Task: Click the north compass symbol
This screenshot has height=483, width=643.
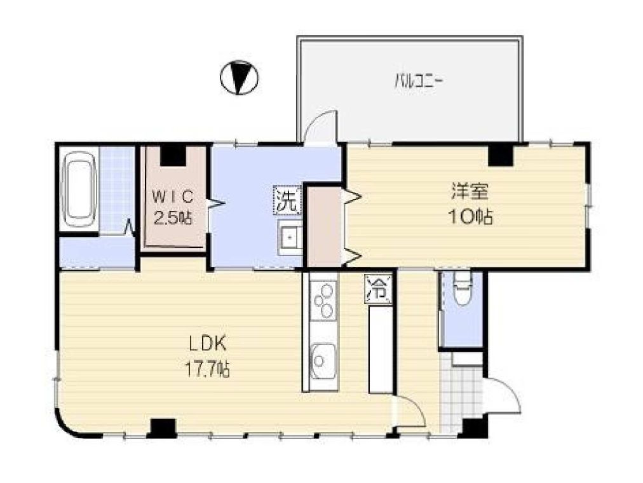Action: [x=240, y=78]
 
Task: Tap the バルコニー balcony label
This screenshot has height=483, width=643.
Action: [x=418, y=81]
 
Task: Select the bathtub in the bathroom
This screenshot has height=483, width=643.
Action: [x=80, y=189]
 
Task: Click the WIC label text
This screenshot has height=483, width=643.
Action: [x=173, y=197]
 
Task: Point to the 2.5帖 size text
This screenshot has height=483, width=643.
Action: [x=173, y=218]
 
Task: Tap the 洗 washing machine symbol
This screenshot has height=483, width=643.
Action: [x=287, y=200]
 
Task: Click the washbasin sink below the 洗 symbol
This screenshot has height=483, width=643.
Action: [x=290, y=238]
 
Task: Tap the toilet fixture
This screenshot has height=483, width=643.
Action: [x=462, y=289]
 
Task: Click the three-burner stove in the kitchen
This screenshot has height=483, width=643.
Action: [x=323, y=301]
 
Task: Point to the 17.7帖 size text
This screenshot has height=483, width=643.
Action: [x=208, y=369]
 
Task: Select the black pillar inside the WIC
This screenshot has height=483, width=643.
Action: [x=173, y=156]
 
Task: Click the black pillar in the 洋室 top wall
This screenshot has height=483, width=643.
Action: [x=500, y=155]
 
